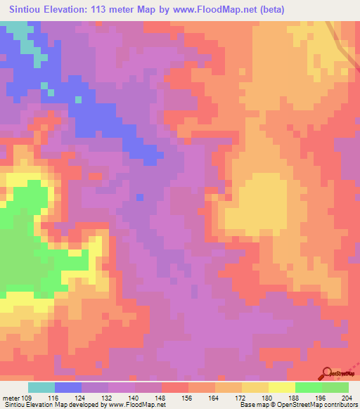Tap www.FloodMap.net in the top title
tap(214, 10)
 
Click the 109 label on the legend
tap(27, 398)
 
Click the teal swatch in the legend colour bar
tap(41, 387)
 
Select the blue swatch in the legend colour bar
tap(68, 387)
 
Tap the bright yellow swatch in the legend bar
tap(282, 387)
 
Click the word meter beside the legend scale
tap(10, 398)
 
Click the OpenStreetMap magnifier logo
tap(326, 373)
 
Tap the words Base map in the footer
tap(251, 405)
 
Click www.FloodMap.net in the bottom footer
tap(133, 405)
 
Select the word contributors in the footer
tap(335, 405)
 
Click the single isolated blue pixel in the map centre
tap(139, 197)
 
